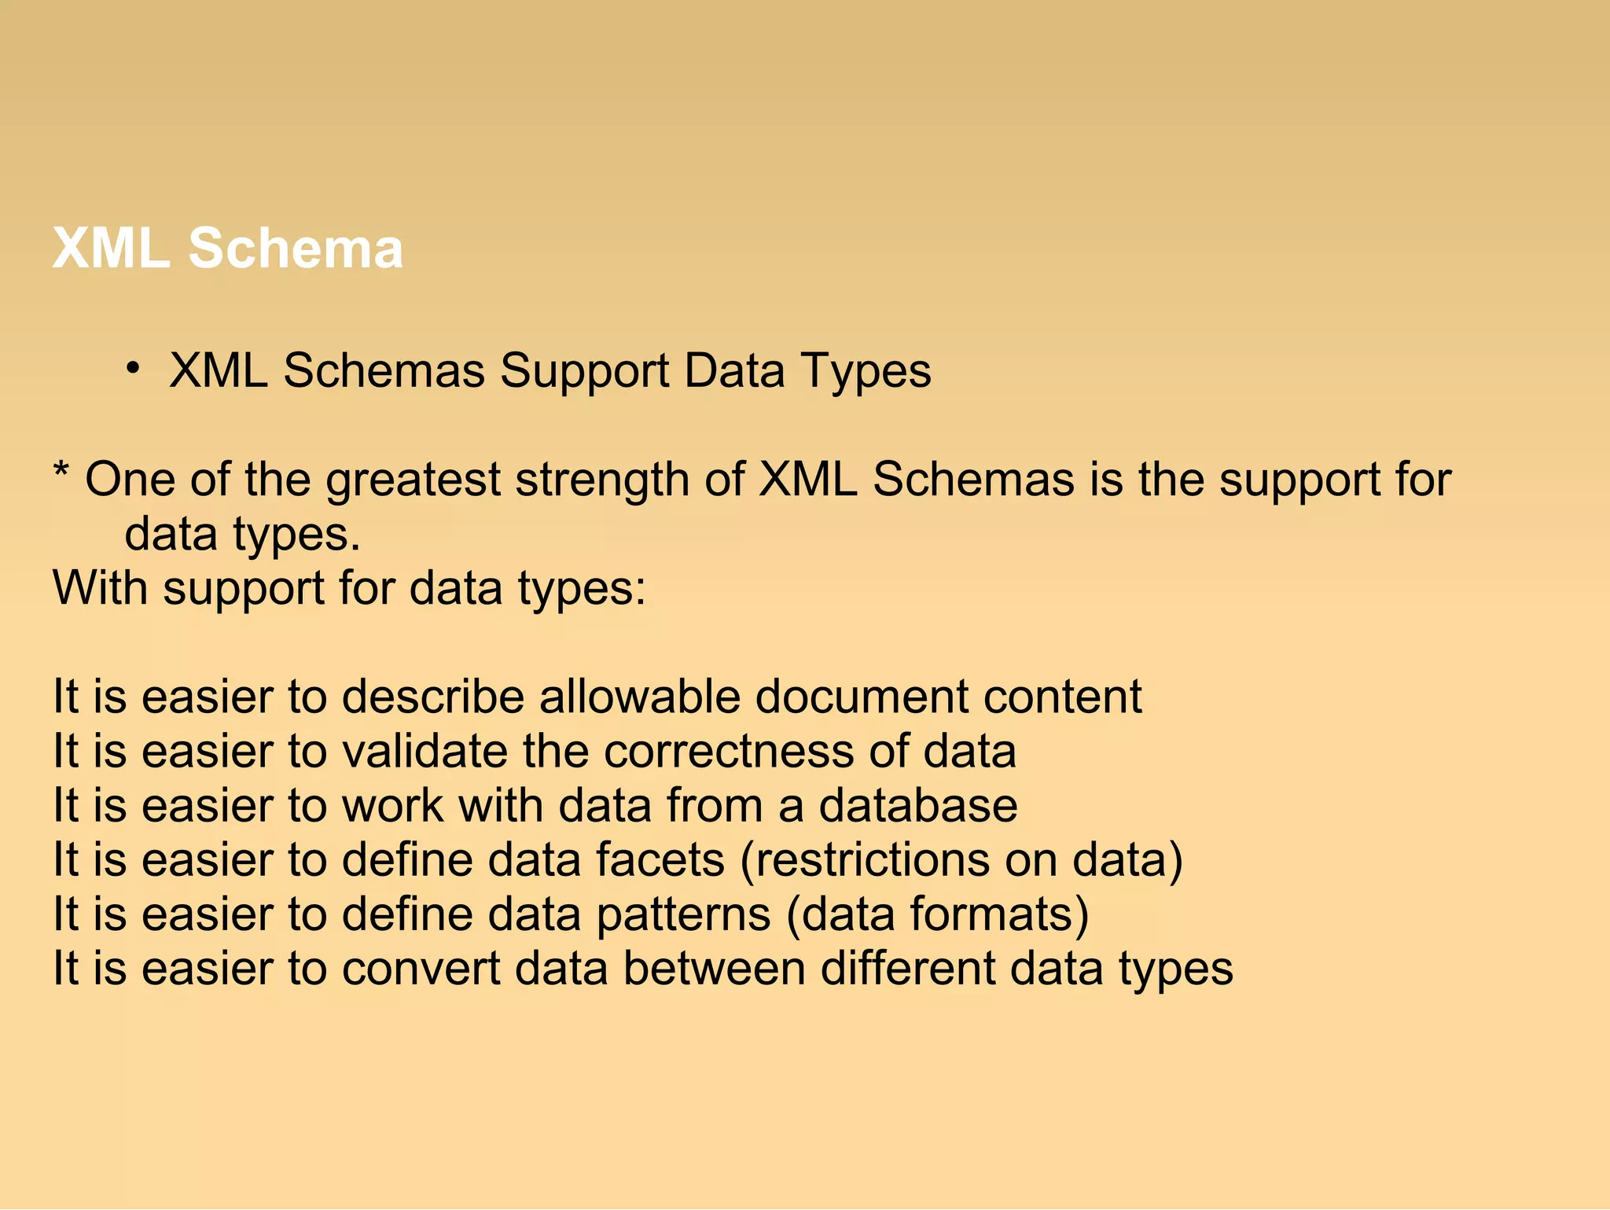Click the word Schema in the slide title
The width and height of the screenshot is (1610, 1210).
click(295, 248)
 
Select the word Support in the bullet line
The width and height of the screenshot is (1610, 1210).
click(584, 371)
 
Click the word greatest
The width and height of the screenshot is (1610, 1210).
click(413, 480)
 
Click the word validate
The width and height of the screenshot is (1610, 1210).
click(425, 752)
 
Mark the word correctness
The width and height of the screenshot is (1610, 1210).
click(729, 752)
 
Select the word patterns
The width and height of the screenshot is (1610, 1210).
click(683, 915)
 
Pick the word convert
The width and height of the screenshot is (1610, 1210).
click(421, 969)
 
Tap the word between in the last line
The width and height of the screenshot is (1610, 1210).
click(714, 969)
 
